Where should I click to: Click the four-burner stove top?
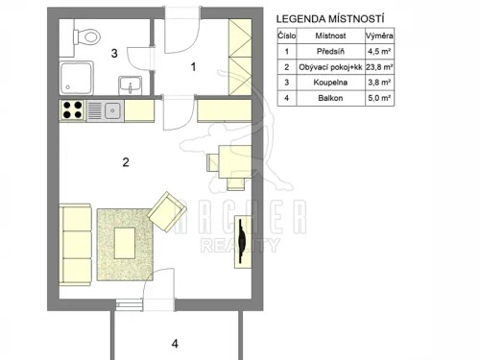click(x=74, y=110)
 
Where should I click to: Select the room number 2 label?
click(x=126, y=161)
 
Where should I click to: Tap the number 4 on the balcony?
click(x=174, y=343)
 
